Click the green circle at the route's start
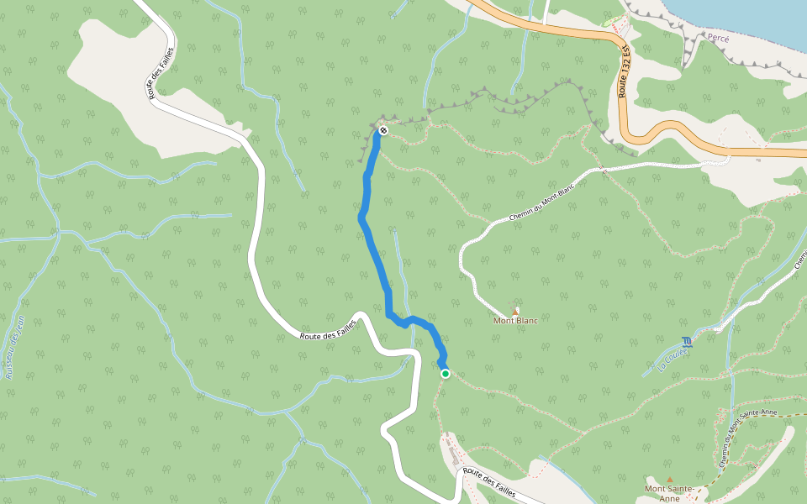pos(445,374)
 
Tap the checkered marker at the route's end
pos(382,130)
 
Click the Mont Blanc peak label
pos(515,320)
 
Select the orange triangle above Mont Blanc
pos(515,312)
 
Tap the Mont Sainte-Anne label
pos(669,493)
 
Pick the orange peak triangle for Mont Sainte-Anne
pos(670,480)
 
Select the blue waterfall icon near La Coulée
pos(688,341)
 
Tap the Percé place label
pos(718,39)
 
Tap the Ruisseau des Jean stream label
pos(14,344)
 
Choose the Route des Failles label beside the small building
pos(488,482)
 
